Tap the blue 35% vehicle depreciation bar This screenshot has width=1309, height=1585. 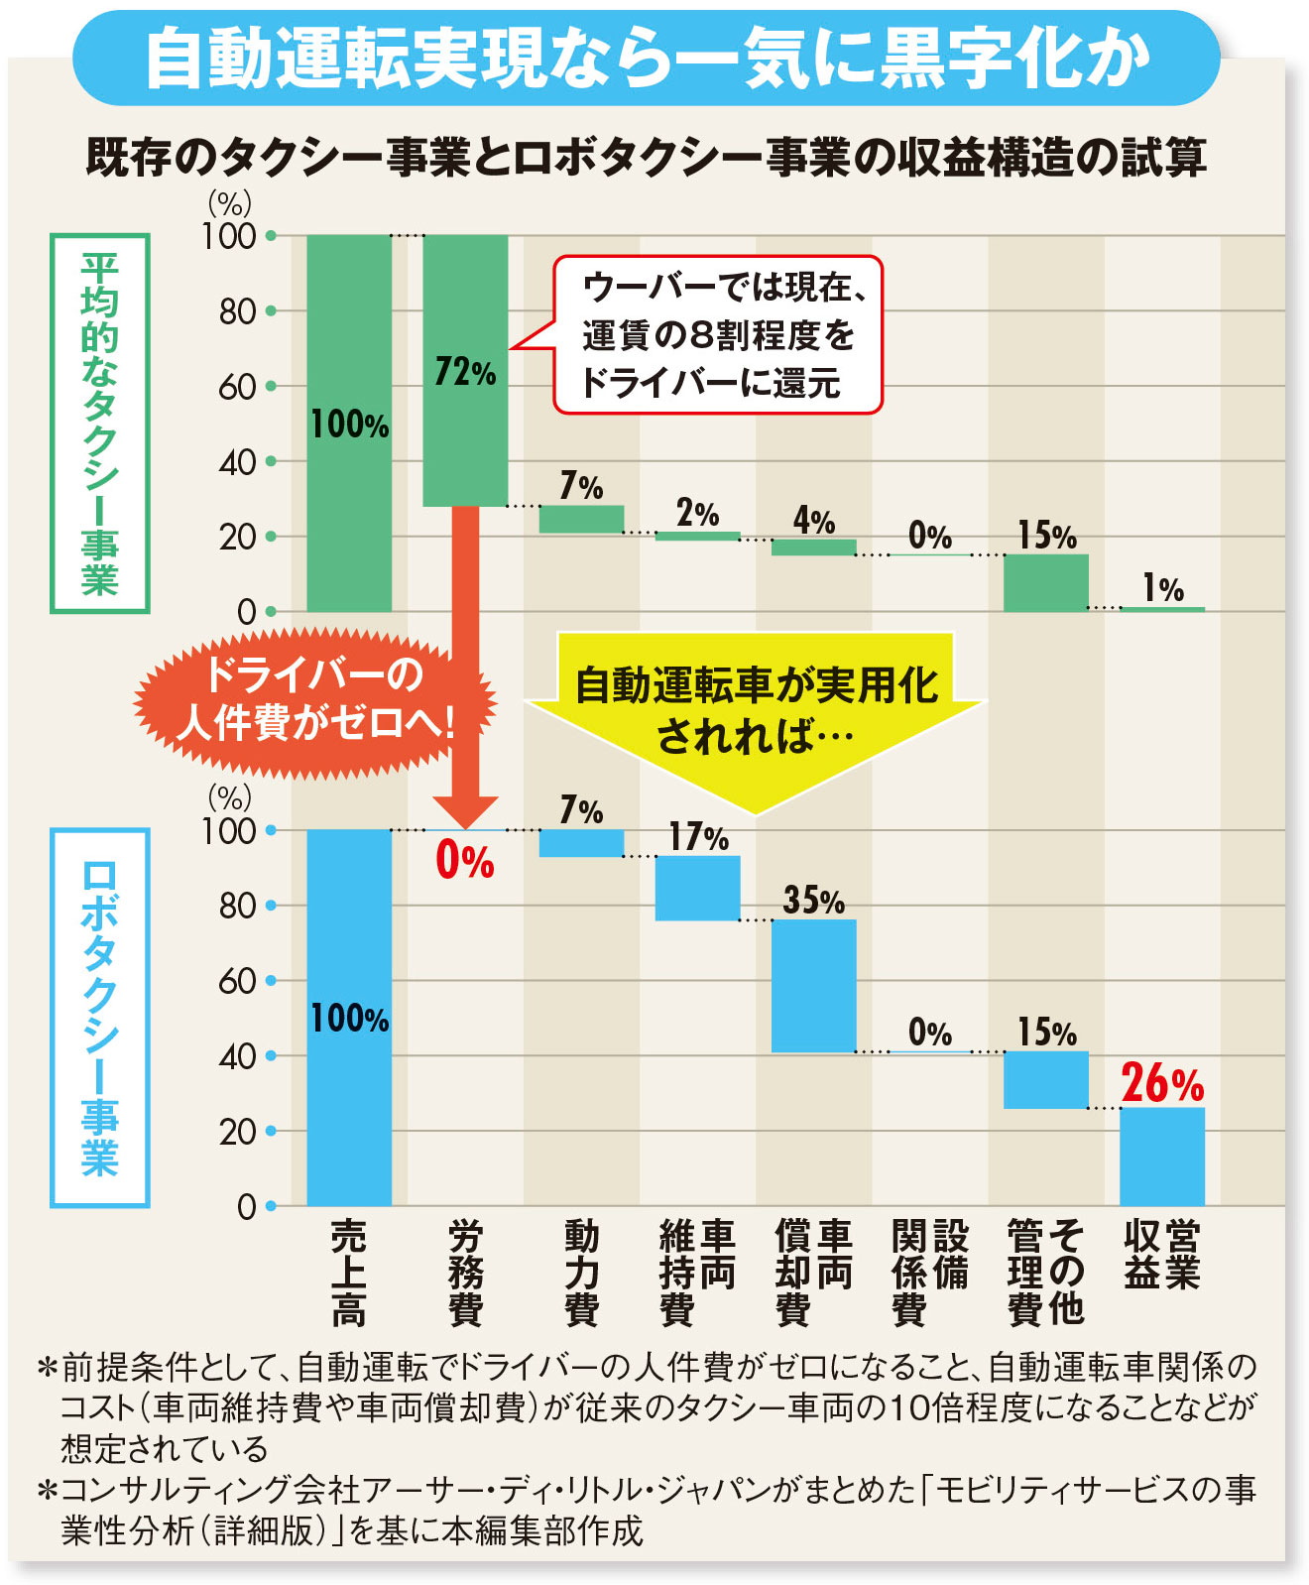coord(813,986)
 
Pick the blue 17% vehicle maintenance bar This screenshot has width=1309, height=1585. coord(697,889)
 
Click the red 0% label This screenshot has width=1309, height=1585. coord(464,861)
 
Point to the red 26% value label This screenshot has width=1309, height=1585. coord(1162,1083)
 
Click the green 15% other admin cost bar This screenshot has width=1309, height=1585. coord(1045,582)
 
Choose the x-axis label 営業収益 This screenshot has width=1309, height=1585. coord(1162,1255)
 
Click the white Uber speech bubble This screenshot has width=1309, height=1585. coord(717,335)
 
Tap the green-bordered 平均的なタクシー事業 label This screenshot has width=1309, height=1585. coord(100,424)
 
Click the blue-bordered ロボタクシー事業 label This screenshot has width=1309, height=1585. coord(100,1018)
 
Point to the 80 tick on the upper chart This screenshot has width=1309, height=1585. coord(238,311)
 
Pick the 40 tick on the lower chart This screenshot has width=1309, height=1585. coord(238,1056)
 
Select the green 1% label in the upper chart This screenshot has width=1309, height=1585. coord(1162,588)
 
